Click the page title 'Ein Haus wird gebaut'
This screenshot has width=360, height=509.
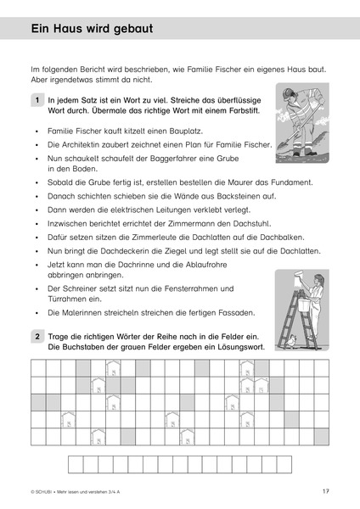pyautogui.click(x=92, y=28)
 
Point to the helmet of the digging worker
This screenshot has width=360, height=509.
pyautogui.click(x=288, y=92)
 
